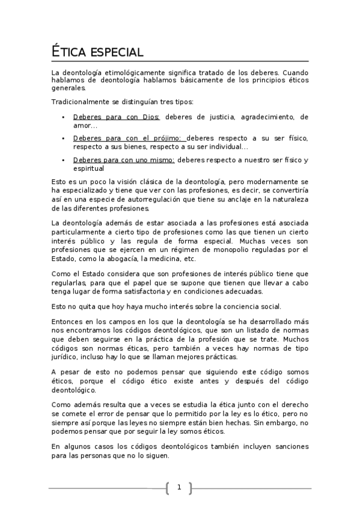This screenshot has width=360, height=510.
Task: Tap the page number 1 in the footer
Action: pyautogui.click(x=178, y=487)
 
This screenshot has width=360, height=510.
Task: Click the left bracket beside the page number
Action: pyautogui.click(x=166, y=488)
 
